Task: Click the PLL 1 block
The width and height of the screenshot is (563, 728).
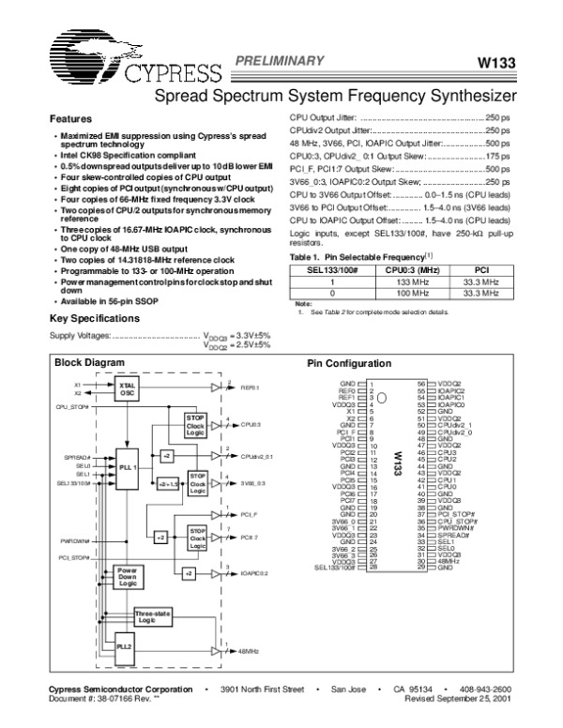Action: point(129,466)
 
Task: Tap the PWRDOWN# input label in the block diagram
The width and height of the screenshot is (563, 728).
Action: point(74,540)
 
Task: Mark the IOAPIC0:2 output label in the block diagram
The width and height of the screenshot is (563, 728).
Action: point(254,572)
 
